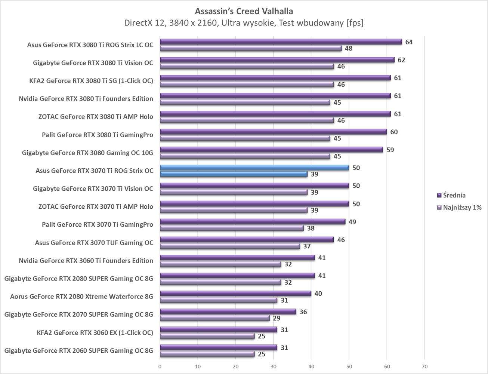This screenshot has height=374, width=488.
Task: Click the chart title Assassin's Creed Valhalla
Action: click(244, 11)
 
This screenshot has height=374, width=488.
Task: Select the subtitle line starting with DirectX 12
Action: click(244, 23)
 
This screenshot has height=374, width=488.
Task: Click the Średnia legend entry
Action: click(454, 195)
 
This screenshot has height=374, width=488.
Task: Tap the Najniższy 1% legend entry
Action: click(462, 208)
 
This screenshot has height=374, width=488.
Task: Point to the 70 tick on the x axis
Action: click(424, 367)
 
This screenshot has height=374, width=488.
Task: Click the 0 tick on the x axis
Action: click(160, 367)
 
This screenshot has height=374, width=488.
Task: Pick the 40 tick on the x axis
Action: click(311, 367)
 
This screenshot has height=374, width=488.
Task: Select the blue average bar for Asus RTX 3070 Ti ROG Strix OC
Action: click(254, 168)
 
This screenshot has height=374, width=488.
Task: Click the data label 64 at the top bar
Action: click(409, 42)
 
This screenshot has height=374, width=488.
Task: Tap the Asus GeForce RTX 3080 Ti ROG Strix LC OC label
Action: click(90, 45)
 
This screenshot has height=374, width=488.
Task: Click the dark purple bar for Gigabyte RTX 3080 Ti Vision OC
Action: click(277, 60)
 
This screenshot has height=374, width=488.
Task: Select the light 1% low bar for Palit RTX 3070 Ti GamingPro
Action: click(232, 228)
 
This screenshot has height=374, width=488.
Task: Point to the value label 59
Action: click(390, 150)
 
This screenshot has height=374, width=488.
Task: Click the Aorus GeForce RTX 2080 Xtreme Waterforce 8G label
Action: click(81, 297)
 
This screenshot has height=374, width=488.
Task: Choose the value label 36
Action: click(303, 312)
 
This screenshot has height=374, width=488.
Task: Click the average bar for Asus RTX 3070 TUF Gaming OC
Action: click(247, 240)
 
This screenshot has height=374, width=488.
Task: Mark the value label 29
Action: click(277, 318)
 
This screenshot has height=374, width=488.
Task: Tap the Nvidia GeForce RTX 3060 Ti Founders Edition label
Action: click(86, 261)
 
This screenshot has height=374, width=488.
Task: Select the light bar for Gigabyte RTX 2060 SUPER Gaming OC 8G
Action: click(207, 354)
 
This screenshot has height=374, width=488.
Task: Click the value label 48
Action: click(348, 48)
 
